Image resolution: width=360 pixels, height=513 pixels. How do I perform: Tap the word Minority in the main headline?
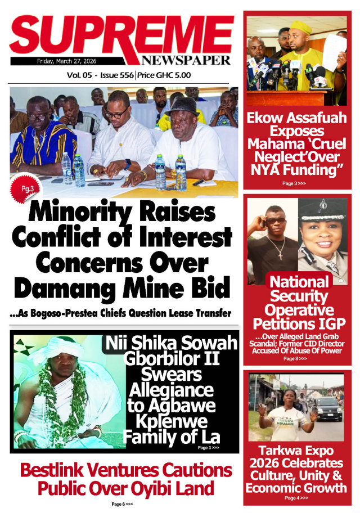pos(75,213)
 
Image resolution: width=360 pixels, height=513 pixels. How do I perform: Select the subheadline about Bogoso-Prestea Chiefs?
pos(120,313)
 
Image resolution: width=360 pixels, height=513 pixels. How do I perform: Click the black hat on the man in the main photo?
pos(182,105)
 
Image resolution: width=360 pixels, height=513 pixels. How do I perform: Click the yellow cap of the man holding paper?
pos(300,26)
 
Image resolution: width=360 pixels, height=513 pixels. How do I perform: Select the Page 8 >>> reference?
pos(295,358)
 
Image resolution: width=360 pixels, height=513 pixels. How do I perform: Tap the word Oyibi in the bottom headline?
pos(133,488)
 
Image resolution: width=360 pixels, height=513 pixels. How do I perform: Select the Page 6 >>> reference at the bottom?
pos(121,504)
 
